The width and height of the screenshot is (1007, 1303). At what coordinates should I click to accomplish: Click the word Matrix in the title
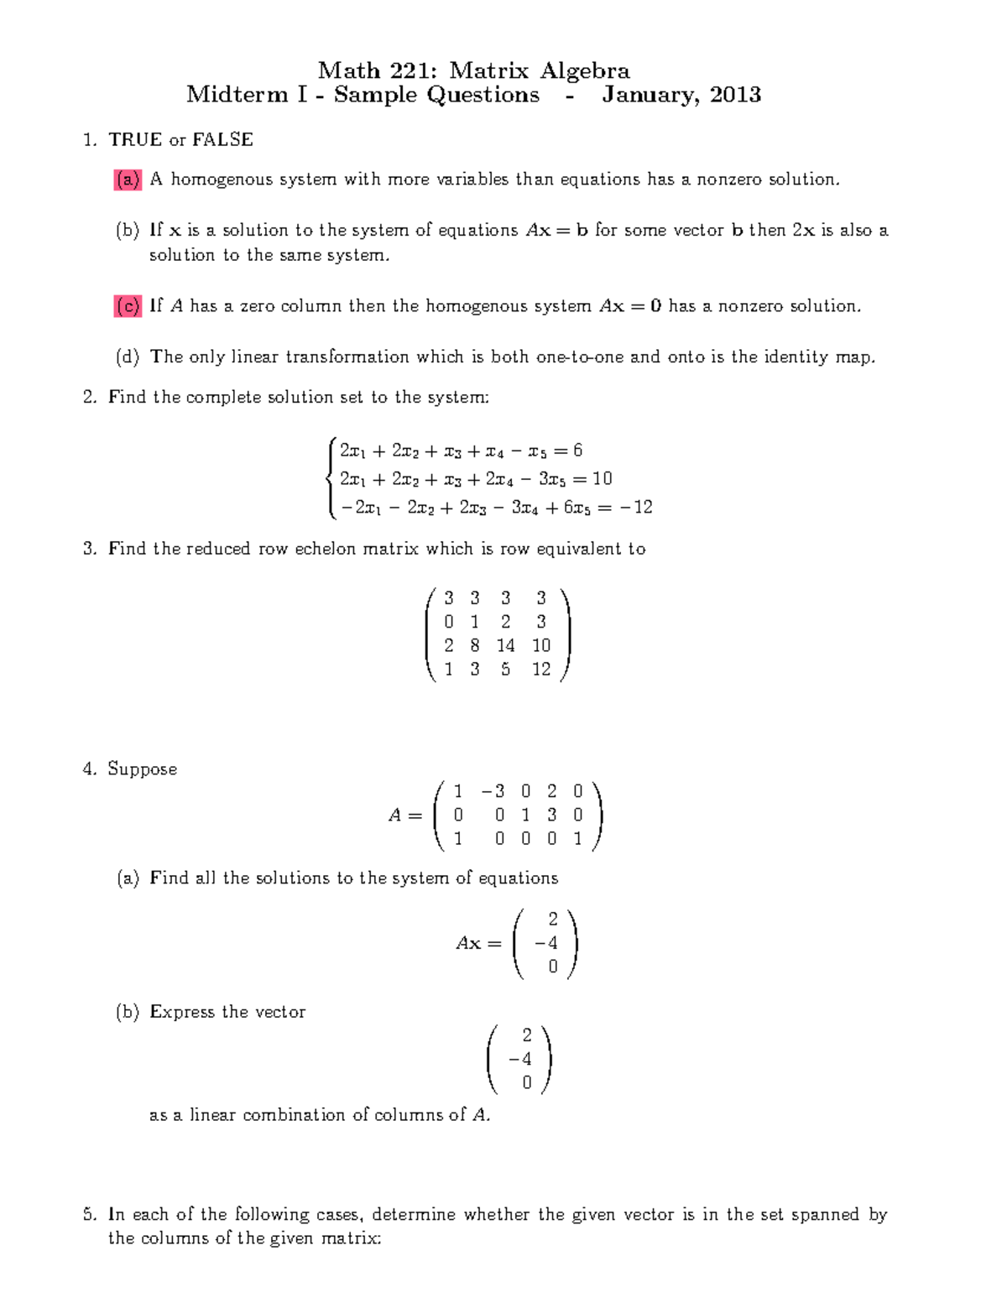(489, 70)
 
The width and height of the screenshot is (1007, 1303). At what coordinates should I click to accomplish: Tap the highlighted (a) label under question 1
(128, 180)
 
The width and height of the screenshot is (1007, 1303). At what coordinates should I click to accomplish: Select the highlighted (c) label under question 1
(128, 306)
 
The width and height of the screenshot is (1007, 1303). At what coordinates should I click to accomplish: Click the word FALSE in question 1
(222, 140)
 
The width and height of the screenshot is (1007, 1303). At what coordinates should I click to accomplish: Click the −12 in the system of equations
(637, 507)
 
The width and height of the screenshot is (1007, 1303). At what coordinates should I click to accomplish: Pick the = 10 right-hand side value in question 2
(602, 478)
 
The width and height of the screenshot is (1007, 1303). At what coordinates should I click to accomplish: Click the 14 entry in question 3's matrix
(505, 645)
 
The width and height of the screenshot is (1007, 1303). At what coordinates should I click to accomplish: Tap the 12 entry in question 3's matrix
(541, 669)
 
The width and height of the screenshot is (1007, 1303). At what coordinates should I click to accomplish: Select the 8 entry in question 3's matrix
(475, 645)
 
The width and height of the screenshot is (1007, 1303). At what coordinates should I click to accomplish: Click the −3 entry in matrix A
(493, 791)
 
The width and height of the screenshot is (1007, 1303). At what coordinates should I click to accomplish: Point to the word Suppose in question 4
(142, 769)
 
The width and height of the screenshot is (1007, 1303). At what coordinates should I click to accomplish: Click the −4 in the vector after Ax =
(546, 943)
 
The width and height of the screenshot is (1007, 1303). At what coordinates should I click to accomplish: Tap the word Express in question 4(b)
(182, 1012)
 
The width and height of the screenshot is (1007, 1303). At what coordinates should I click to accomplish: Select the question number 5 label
(89, 1214)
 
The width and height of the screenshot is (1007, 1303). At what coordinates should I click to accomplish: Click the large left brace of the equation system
(333, 478)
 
